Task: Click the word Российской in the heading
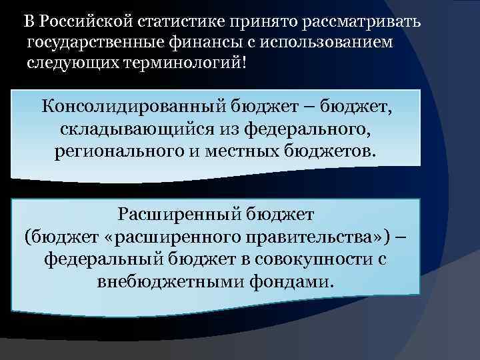86,21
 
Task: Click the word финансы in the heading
199,43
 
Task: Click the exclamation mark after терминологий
253,65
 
